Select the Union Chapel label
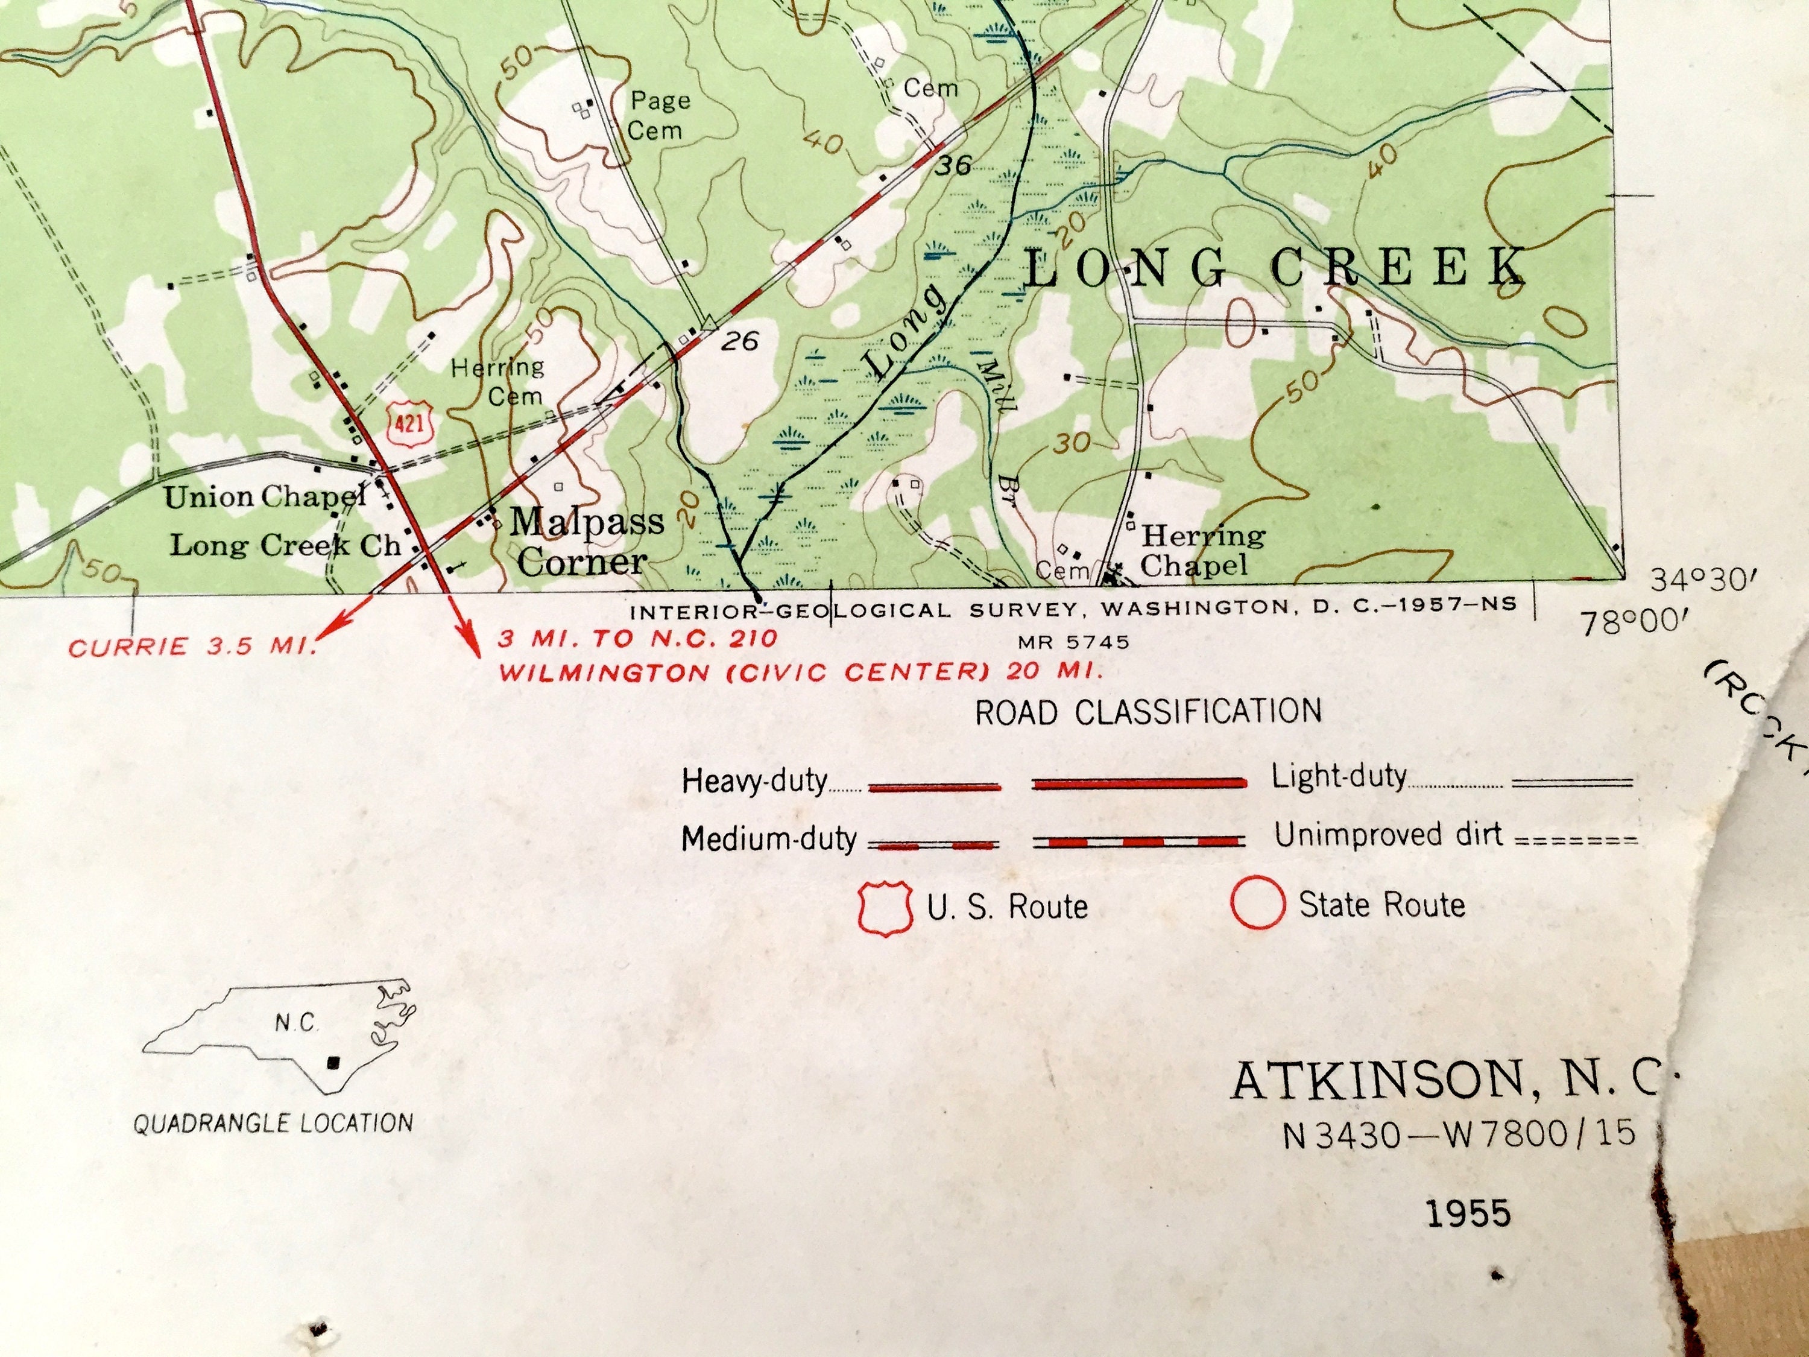point(265,496)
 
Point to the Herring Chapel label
point(1202,551)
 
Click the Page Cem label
point(659,115)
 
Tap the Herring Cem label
point(498,381)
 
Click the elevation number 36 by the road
point(953,165)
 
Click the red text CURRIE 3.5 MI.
point(192,648)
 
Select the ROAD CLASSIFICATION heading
point(1148,712)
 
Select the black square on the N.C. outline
point(333,1063)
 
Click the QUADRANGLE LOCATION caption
point(273,1123)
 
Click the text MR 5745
point(1073,642)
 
